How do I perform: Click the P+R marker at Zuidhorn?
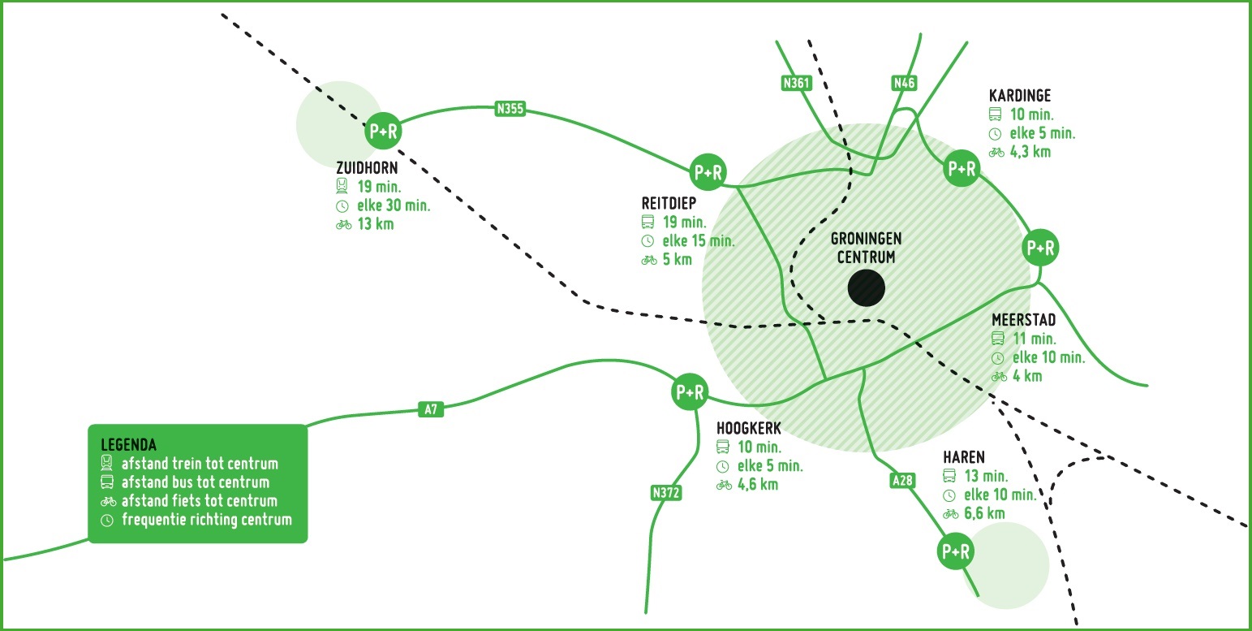384,131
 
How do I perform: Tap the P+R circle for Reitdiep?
708,172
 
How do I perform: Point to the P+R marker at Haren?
955,551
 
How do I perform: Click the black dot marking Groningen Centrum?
866,288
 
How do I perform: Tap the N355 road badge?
510,109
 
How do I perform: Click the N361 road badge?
797,82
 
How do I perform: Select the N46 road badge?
904,82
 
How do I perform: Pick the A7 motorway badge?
431,409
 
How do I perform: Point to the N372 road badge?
665,492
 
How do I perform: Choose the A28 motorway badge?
902,480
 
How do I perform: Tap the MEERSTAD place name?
1024,321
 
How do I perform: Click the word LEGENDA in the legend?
128,445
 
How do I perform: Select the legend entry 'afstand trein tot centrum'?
200,465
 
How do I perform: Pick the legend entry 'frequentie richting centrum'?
206,520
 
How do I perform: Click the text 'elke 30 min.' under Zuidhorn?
394,205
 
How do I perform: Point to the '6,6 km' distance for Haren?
984,513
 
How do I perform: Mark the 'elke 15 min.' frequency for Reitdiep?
699,241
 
